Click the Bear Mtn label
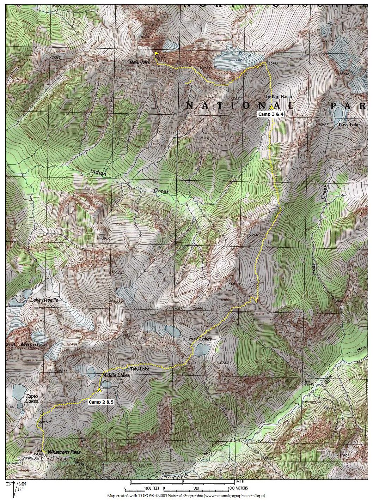coord(140,62)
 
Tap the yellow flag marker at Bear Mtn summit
coord(157,54)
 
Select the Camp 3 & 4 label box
coord(271,114)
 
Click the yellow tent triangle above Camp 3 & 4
coord(271,108)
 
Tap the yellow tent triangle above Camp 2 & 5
coord(99,390)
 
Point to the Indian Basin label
coord(279,96)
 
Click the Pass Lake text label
coord(349,125)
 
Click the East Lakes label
coord(200,339)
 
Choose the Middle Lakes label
coord(116,375)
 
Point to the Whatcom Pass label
coord(64,452)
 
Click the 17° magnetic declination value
coord(20,489)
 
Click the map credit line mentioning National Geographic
coord(186,495)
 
